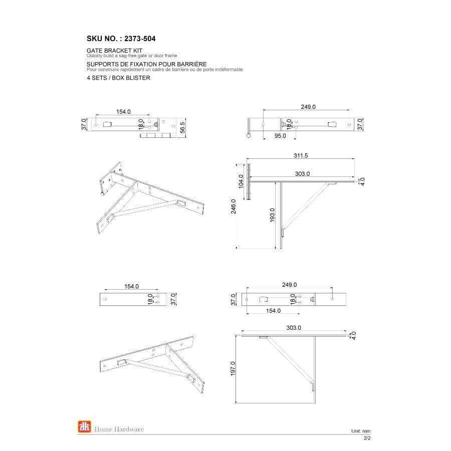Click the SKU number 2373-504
tap(137, 38)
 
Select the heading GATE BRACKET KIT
tap(115, 51)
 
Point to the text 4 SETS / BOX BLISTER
tap(118, 78)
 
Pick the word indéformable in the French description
tap(228, 70)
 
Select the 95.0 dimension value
tap(280, 136)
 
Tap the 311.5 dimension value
tap(301, 156)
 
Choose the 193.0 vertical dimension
tap(273, 215)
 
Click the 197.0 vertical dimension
tap(233, 369)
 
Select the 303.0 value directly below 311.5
tap(302, 173)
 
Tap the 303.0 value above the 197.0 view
tap(294, 328)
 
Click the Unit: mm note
tap(360, 431)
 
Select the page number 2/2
tap(367, 438)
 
